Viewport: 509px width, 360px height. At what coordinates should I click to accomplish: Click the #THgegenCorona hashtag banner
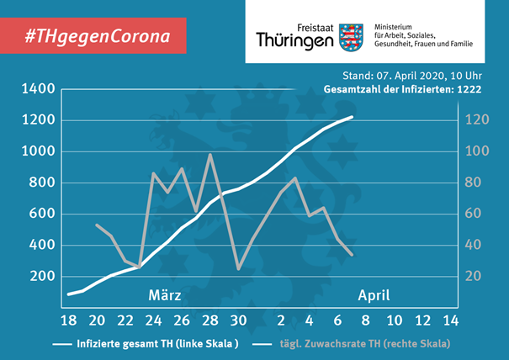93,35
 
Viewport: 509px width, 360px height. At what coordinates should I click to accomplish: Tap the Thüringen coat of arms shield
351,37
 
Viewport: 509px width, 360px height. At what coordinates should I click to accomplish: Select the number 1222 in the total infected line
469,89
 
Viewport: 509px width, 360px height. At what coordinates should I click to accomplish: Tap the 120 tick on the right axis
477,119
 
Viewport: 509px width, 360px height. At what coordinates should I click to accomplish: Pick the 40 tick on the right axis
473,245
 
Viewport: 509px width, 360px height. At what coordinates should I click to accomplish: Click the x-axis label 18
69,320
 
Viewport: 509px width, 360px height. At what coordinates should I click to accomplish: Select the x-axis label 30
239,320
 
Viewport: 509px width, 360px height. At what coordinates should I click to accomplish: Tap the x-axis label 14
451,320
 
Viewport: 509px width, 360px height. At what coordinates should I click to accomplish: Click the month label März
165,295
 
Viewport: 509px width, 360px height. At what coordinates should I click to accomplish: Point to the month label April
374,296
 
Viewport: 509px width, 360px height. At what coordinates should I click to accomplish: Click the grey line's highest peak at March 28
210,154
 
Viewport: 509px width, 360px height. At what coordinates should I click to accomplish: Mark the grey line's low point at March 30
239,269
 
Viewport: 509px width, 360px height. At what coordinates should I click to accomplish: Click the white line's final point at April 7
353,117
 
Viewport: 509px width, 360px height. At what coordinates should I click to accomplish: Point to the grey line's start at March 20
97,225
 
